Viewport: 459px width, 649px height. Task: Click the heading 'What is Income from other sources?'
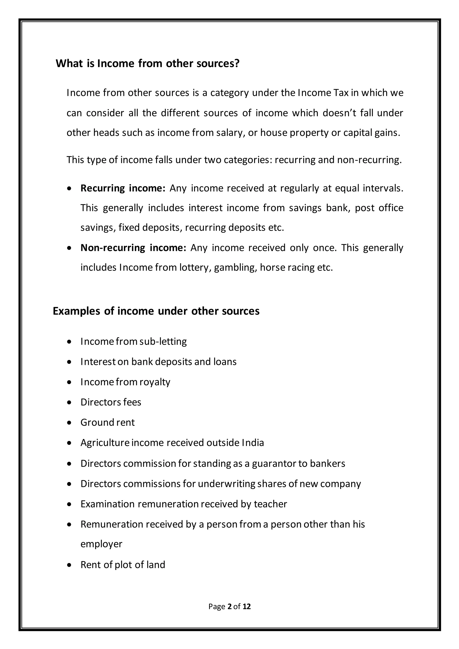click(147, 63)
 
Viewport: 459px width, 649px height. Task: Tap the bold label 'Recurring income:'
click(123, 188)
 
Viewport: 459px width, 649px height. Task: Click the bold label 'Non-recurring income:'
click(133, 248)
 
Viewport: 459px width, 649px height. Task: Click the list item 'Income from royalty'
click(125, 382)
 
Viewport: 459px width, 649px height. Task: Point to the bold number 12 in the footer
click(247, 607)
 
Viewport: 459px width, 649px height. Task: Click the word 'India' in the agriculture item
click(253, 443)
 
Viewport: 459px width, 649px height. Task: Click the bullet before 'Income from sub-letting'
click(69, 342)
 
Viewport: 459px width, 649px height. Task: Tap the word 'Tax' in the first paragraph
click(342, 93)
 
